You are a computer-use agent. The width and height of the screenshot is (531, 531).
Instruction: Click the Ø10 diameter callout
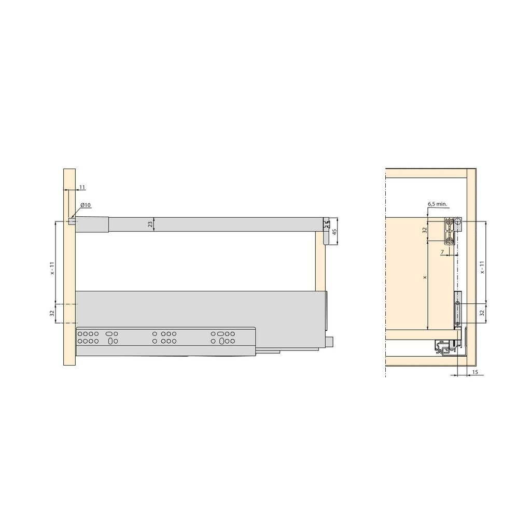(86, 205)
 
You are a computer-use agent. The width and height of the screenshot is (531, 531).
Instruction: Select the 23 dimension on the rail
(150, 224)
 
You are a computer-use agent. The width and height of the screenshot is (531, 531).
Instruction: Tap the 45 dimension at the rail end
(334, 231)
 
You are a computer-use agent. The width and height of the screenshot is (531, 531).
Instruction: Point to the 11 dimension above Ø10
(82, 187)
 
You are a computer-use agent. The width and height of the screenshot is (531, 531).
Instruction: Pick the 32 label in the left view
(52, 314)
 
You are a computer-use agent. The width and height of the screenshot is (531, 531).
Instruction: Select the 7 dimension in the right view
(442, 252)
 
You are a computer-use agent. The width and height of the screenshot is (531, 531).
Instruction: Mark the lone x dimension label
(425, 278)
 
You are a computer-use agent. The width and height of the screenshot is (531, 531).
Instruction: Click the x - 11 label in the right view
(482, 267)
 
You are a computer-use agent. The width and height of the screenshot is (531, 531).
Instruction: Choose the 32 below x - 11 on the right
(482, 313)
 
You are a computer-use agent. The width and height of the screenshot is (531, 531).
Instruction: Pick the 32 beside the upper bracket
(424, 230)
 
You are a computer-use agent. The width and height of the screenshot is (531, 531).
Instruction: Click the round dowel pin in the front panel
(71, 221)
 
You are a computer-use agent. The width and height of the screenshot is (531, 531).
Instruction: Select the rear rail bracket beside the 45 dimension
(325, 232)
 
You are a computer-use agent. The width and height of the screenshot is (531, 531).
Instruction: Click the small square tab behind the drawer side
(330, 342)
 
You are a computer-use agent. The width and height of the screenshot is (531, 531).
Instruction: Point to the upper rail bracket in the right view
(451, 230)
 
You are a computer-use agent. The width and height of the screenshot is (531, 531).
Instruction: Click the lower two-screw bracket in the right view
(457, 310)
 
